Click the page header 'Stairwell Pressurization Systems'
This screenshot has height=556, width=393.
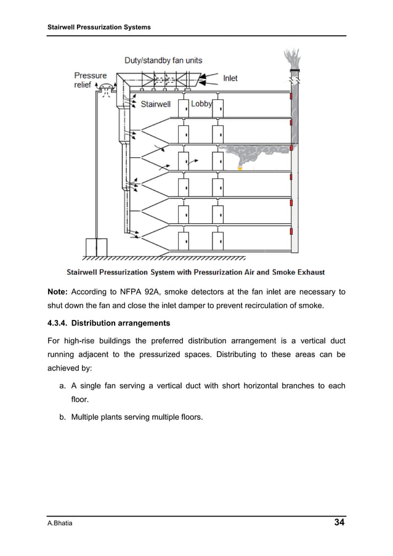coord(99,28)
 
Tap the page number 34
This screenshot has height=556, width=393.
coord(339,523)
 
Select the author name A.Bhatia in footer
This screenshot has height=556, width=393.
coord(61,524)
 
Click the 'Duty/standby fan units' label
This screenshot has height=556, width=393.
coord(163,60)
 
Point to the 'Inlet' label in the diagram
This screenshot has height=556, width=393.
coord(230,78)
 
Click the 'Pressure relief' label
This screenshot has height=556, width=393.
coord(91,80)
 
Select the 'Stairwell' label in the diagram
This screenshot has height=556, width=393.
coord(155,104)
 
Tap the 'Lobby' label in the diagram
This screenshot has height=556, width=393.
coord(201,104)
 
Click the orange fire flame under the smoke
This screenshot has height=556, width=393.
coord(240,167)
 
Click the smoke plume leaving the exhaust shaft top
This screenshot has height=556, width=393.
coord(293,59)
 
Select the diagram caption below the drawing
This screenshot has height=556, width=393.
coord(196,271)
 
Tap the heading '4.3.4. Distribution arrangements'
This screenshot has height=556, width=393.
coord(108,323)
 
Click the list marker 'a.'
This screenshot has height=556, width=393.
coord(63,386)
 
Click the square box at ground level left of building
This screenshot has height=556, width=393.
coord(96,246)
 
